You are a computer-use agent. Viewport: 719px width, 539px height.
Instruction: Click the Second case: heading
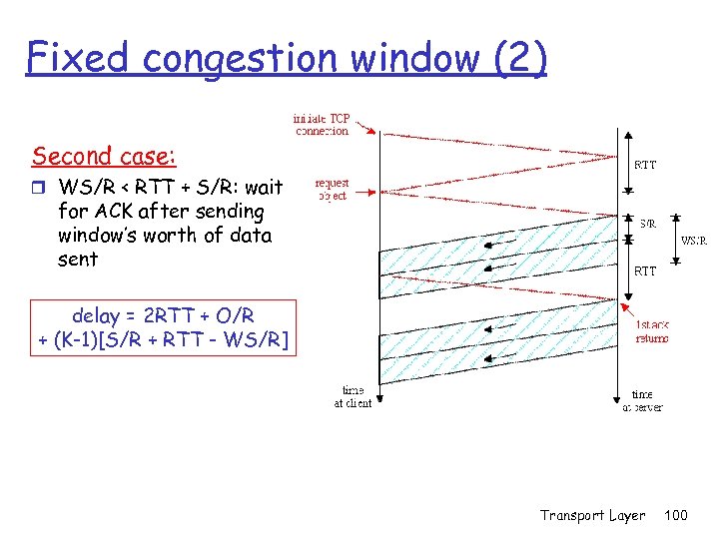click(104, 157)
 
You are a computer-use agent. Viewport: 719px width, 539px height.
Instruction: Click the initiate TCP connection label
click(322, 124)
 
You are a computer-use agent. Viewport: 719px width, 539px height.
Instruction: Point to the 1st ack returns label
click(652, 330)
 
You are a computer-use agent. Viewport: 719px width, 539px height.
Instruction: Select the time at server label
click(642, 400)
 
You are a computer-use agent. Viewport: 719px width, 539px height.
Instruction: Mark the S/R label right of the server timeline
click(648, 224)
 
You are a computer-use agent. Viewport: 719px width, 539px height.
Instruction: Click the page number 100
click(676, 515)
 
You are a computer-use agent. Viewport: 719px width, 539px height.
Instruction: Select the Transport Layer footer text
click(592, 515)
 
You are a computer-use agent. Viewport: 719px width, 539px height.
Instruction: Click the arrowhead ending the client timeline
click(379, 404)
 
